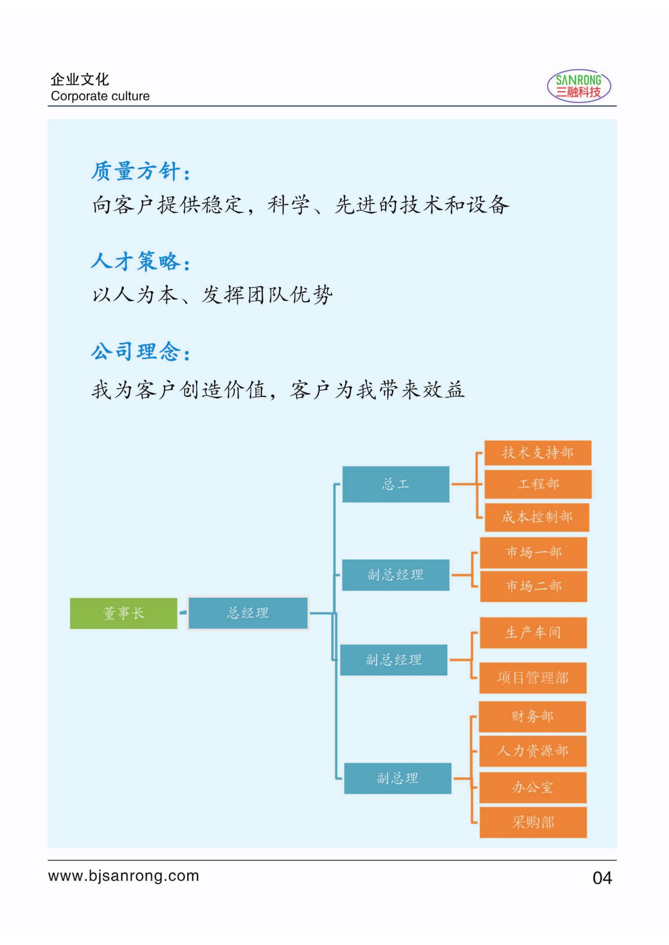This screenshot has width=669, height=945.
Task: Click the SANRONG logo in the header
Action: tap(579, 86)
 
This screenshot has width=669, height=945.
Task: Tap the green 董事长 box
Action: tap(124, 613)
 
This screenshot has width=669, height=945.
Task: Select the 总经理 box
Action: tap(248, 613)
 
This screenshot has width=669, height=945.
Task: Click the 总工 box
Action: tap(396, 484)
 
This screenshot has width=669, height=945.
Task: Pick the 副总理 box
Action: tap(398, 778)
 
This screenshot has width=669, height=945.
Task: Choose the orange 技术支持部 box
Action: tap(538, 453)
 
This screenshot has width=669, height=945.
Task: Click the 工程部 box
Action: tap(538, 484)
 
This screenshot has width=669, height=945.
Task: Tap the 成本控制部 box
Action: tap(537, 517)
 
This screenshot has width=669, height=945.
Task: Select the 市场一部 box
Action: tap(534, 552)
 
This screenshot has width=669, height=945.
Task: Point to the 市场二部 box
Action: tap(534, 586)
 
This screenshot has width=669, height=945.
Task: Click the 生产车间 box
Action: tap(533, 633)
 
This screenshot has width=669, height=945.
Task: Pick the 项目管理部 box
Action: tap(533, 678)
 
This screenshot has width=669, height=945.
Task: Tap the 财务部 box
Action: tap(532, 717)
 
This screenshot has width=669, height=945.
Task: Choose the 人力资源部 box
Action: tap(533, 751)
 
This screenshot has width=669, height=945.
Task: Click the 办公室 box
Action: tap(533, 787)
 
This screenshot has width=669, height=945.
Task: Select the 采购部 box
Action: tap(533, 822)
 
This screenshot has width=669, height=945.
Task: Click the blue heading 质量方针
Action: tap(141, 172)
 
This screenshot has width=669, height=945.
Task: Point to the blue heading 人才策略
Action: tap(141, 261)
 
